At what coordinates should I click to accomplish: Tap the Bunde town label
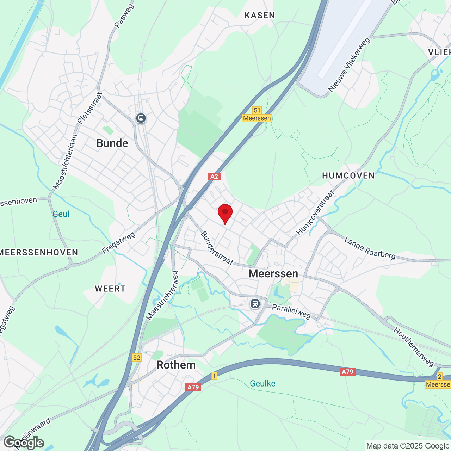112,143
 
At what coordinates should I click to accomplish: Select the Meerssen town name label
273,273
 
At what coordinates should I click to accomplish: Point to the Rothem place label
176,365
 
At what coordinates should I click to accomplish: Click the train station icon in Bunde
141,118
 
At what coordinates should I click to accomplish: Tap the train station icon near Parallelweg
255,303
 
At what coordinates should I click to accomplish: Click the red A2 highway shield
214,177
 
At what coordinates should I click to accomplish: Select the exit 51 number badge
257,110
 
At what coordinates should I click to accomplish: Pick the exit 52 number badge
136,358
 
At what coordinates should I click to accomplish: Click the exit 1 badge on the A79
214,376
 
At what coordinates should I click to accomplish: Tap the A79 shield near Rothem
193,387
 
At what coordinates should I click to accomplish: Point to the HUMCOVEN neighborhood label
348,175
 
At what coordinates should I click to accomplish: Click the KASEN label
260,15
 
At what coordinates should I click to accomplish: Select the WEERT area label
110,289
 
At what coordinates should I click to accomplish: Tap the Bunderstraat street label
217,248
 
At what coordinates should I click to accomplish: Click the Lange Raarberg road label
370,248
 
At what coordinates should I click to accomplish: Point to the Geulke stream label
262,383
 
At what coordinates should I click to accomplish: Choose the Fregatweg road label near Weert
118,243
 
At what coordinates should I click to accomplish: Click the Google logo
24,443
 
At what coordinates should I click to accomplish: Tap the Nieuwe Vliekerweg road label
349,65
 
